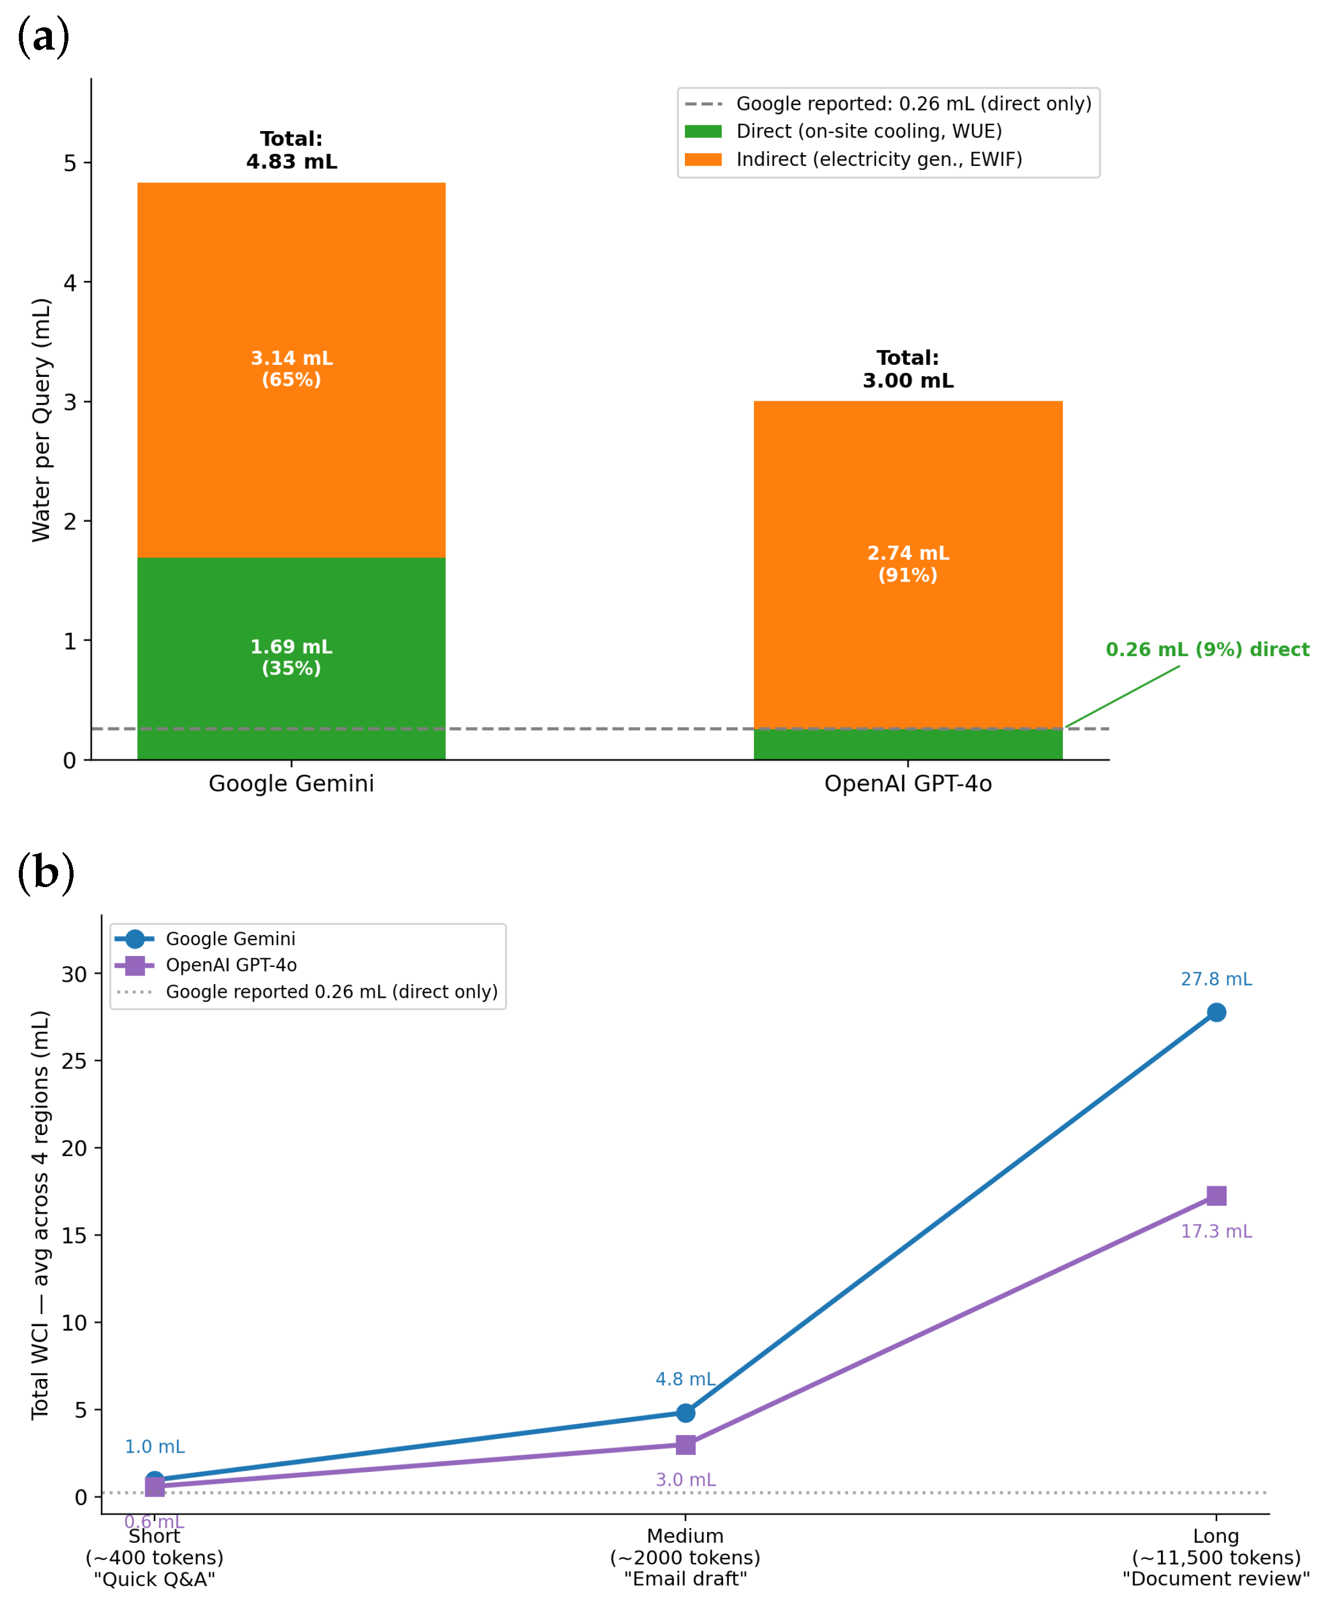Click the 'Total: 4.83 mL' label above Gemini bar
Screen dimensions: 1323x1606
coord(291,150)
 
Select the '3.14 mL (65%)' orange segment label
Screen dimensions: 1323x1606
coord(291,369)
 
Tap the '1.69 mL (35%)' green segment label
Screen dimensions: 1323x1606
coord(291,657)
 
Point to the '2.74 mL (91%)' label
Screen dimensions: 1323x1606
coord(908,564)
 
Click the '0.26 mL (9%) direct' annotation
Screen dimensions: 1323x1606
coord(1207,649)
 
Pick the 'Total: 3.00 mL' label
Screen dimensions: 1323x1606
coord(908,369)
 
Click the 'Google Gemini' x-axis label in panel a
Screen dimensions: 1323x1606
coord(291,783)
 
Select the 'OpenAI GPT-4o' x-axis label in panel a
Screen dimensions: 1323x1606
coord(908,783)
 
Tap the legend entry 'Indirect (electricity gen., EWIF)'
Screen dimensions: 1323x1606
coord(879,159)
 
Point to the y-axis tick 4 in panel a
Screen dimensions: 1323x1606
coord(70,283)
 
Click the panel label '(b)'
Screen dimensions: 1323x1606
coord(46,872)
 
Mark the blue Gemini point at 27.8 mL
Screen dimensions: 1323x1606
coord(1216,1013)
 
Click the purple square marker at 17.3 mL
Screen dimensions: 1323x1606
coord(1216,1196)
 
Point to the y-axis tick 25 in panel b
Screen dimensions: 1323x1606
coord(74,1062)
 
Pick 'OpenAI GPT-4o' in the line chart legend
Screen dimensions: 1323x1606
coord(231,965)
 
